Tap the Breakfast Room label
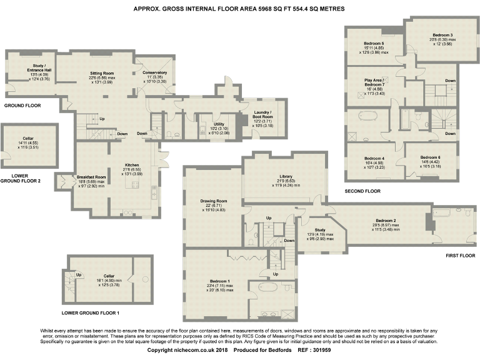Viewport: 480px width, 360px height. point(91,177)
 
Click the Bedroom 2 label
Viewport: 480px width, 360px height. point(386,221)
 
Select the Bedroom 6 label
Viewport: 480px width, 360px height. point(430,157)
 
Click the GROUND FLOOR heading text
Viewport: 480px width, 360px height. point(22,106)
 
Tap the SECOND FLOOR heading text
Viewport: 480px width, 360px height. point(362,191)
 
